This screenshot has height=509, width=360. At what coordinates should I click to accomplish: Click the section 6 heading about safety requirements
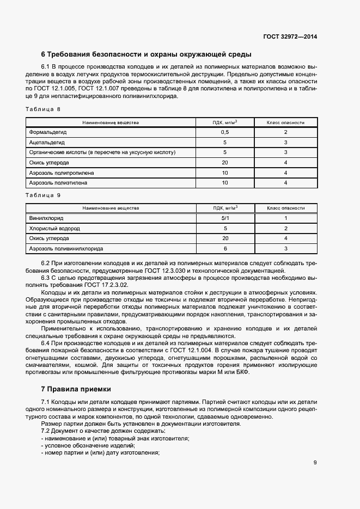pyautogui.click(x=146, y=54)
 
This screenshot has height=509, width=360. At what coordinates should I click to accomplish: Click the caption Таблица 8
pyautogui.click(x=43, y=109)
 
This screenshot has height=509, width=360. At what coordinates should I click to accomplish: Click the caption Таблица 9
pyautogui.click(x=43, y=194)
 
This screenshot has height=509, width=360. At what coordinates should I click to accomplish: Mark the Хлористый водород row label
pyautogui.click(x=54, y=228)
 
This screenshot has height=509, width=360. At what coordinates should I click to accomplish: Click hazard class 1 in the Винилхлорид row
pyautogui.click(x=285, y=218)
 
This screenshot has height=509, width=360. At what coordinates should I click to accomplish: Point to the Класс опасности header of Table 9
pyautogui.click(x=285, y=208)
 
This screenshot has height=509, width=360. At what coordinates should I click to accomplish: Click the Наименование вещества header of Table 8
pyautogui.click(x=111, y=122)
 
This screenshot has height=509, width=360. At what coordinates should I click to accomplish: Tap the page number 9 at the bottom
pyautogui.click(x=315, y=463)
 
